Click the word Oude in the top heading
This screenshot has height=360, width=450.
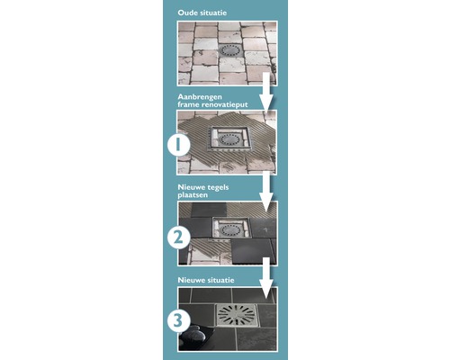point(186,13)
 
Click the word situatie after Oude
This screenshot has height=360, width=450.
point(212,13)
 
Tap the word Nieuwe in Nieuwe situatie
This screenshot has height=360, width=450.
point(190,280)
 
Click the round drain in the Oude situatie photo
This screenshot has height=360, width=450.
point(229,50)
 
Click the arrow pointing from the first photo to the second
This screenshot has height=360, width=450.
point(265,90)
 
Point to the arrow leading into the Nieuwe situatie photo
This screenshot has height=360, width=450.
point(265,279)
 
